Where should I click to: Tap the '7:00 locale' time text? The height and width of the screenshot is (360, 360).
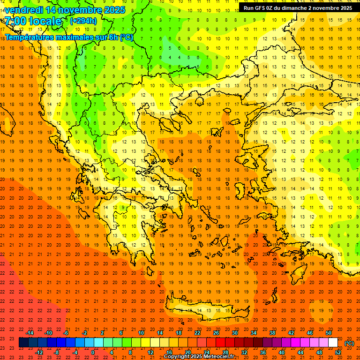[x=33, y=21]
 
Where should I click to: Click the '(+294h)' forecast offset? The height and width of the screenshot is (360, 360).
[x=83, y=21]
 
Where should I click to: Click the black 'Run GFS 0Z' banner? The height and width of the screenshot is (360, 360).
[x=298, y=7]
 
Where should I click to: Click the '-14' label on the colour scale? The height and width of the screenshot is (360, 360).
[x=30, y=333]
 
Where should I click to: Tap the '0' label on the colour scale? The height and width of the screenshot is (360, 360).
[x=93, y=352]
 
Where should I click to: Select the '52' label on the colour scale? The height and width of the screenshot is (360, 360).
[x=338, y=352]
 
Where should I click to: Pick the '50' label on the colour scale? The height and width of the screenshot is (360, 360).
[x=329, y=333]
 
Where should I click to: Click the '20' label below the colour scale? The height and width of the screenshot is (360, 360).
[x=187, y=352]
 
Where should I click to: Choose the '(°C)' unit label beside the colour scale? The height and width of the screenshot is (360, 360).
[x=349, y=343]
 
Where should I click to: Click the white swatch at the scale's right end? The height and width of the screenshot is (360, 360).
[x=333, y=343]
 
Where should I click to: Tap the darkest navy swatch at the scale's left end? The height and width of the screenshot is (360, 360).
[x=23, y=343]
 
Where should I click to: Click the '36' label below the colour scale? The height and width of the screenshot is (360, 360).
[x=263, y=352]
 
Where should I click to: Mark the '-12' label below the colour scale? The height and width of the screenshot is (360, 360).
[x=39, y=352]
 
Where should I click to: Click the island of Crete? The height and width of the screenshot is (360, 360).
[x=206, y=309]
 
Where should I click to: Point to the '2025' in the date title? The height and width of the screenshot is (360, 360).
[x=114, y=10]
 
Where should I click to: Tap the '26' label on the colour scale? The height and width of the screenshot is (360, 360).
[x=216, y=333]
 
